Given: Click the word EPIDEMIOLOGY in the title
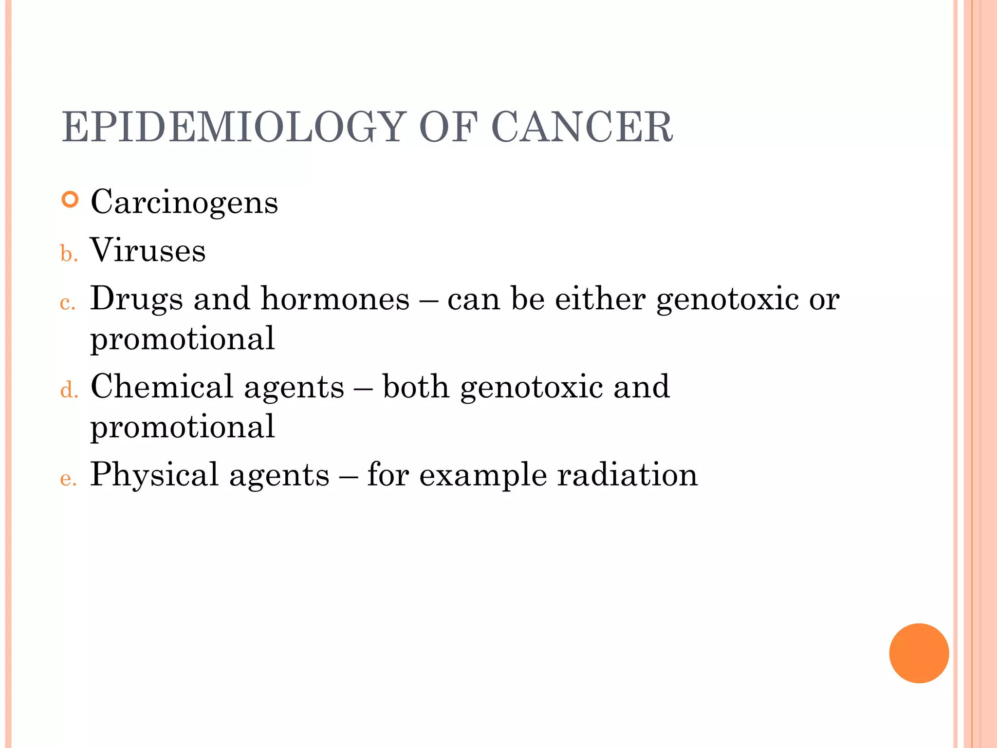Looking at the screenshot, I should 233,127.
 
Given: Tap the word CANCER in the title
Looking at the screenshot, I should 582,127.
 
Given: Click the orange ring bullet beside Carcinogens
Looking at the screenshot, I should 71,200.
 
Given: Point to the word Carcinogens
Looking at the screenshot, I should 184,202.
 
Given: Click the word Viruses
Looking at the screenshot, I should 148,250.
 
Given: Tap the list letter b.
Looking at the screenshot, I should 69,254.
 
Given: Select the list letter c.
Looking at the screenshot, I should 68,303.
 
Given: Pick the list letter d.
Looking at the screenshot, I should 69,391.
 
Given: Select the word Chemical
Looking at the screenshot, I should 162,387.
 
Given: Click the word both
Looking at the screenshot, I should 416,387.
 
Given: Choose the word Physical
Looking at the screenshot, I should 154,475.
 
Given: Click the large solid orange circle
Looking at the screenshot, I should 919,653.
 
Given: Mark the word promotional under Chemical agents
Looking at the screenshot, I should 183,427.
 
